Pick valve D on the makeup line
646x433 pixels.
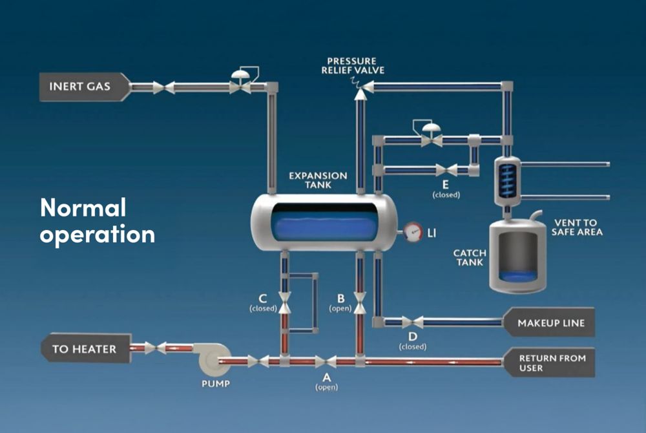[412, 321]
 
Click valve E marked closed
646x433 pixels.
[446, 170]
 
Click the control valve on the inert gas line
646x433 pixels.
[240, 84]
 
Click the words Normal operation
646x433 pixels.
[97, 221]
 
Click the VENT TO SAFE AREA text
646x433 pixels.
[578, 227]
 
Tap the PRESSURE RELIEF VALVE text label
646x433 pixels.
[353, 65]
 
